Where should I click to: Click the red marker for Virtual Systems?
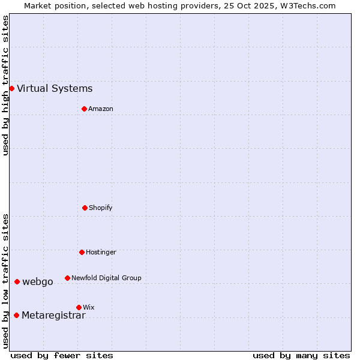[11, 88]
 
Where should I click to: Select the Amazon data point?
[84, 109]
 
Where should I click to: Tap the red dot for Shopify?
[85, 208]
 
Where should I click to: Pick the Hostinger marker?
[82, 252]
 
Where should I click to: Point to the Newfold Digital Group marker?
[67, 278]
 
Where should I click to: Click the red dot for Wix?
[79, 307]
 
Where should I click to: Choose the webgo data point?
[17, 281]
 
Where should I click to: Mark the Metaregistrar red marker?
[16, 315]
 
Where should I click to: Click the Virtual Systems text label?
[55, 89]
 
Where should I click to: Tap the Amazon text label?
[101, 109]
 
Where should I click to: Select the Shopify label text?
[101, 208]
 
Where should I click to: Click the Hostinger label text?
[101, 252]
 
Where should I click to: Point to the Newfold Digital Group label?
[106, 278]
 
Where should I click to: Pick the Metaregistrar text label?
[53, 316]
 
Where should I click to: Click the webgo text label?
[37, 282]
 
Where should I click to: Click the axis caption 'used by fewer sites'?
[62, 355]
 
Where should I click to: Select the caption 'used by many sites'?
[301, 355]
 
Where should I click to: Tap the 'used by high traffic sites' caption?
[5, 85]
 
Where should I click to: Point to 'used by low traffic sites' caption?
[5, 281]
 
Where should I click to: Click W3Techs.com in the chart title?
[305, 5]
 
